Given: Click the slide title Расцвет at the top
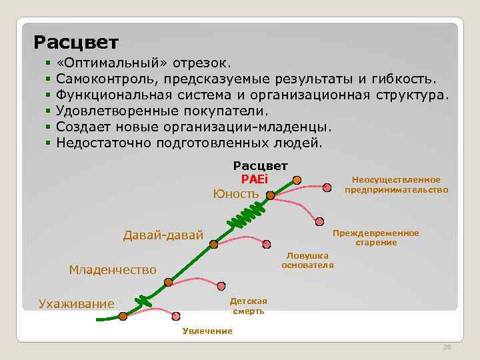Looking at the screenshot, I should coord(76,43).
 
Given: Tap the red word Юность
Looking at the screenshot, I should coord(235,194).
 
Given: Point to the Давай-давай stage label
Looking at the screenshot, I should coord(163,235).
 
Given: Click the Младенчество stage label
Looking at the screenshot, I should coord(113,269).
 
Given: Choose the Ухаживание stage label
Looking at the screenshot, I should coord(76,304).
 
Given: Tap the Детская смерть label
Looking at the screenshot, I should coord(248,306).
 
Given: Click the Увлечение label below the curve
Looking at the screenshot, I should coord(207,331).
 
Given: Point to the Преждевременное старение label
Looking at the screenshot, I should coord(376,237).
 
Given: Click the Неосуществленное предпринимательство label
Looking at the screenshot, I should coord(396,185).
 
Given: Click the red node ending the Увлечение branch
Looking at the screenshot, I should coord(176,315).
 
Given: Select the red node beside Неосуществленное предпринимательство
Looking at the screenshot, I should coord(327,187).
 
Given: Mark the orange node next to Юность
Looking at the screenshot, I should coord(270,195).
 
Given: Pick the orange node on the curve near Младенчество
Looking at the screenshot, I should coord(168,282).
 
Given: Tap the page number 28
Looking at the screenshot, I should coord(447,347).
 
